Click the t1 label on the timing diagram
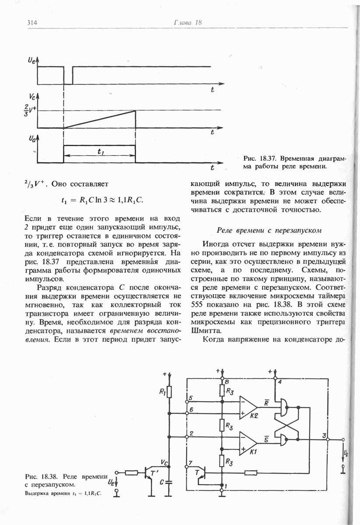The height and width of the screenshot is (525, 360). point(100,151)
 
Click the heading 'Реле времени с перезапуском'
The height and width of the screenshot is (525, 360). point(269,230)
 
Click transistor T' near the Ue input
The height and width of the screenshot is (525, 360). point(150,473)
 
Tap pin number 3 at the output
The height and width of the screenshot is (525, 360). point(324,435)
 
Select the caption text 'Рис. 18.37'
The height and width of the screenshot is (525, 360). point(262,158)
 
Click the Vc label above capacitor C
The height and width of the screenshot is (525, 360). point(164,462)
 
